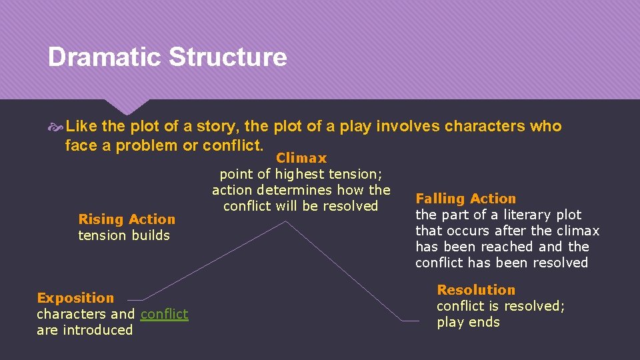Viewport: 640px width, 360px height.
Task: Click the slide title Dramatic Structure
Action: click(x=167, y=57)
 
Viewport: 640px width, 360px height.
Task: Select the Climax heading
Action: click(x=301, y=158)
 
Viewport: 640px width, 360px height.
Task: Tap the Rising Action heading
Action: click(x=127, y=219)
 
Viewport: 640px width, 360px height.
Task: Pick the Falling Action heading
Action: click(x=465, y=199)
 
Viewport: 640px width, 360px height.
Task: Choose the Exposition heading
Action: click(x=75, y=298)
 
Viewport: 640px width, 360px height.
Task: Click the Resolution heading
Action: click(x=476, y=290)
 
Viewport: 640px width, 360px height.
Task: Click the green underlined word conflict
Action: click(x=164, y=314)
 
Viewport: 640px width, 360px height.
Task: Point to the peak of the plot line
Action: click(x=286, y=221)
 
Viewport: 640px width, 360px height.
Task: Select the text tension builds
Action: click(x=124, y=235)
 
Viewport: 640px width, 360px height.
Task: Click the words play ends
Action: click(x=468, y=322)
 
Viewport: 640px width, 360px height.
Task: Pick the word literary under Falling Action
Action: click(x=521, y=215)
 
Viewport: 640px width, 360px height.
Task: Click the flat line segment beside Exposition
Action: click(x=135, y=300)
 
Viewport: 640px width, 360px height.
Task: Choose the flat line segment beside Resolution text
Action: click(x=411, y=321)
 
